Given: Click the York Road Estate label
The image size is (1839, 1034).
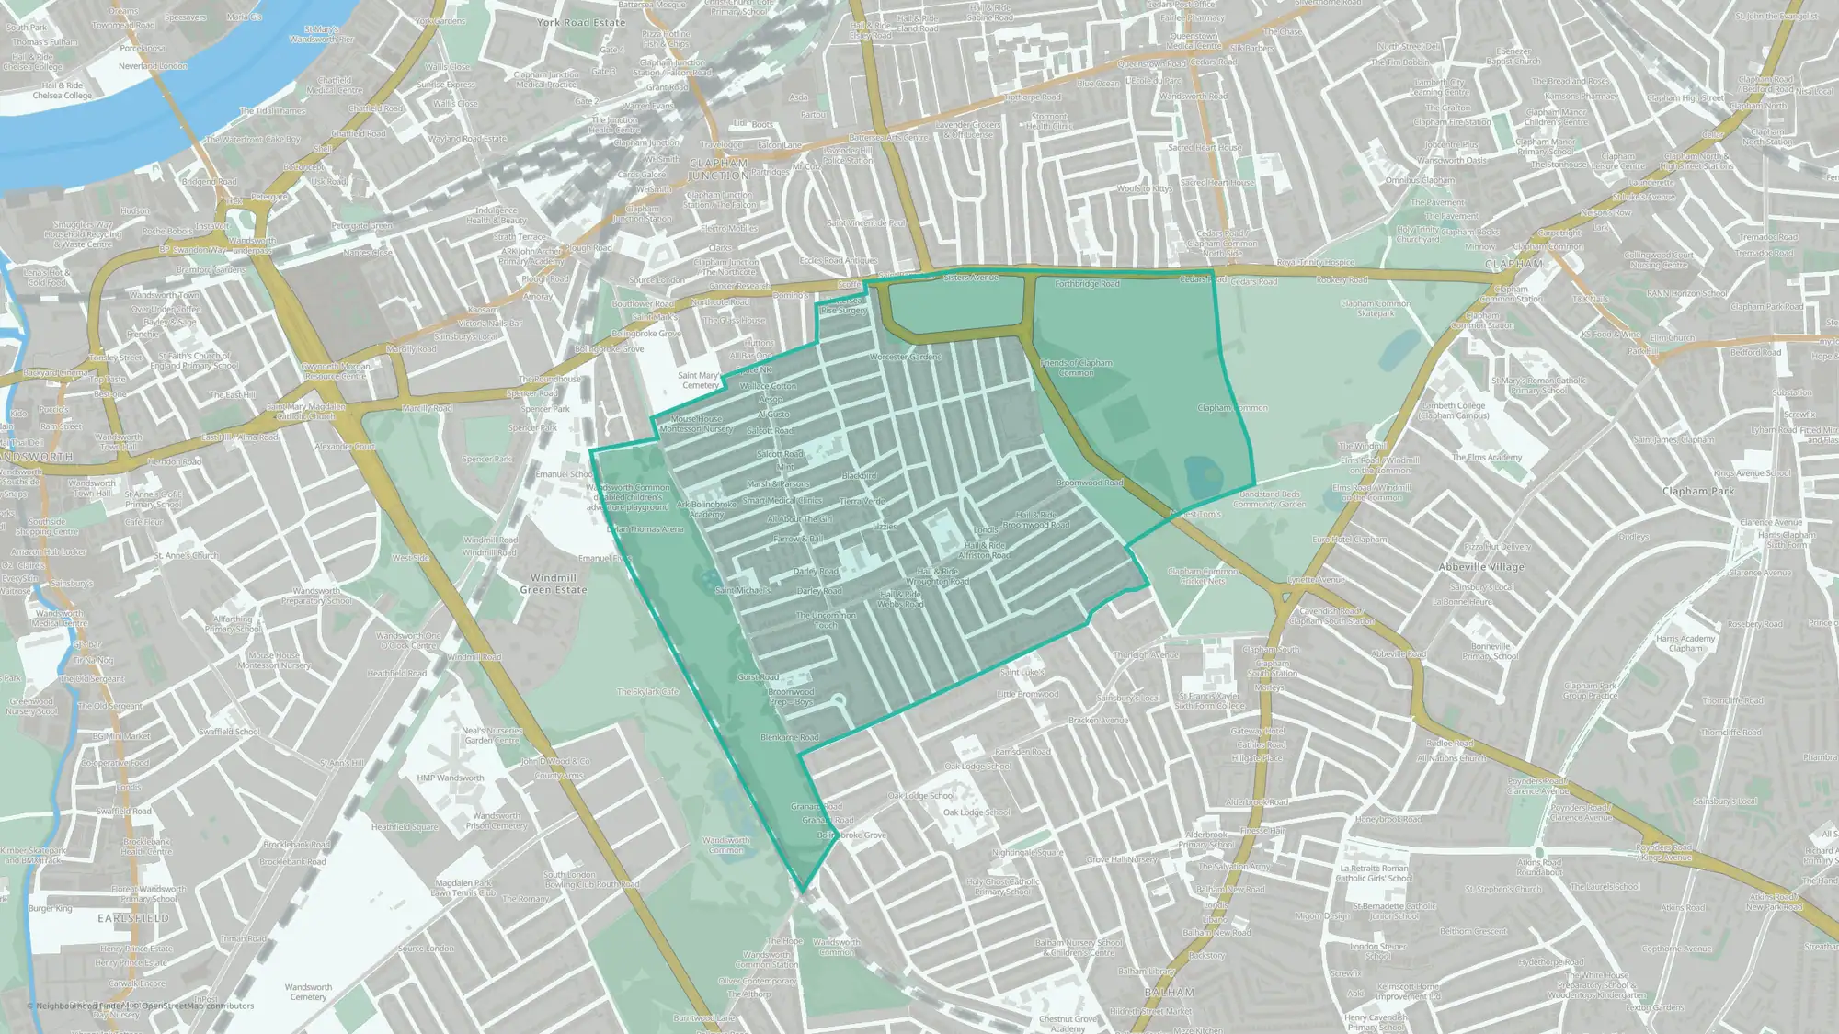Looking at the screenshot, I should (580, 22).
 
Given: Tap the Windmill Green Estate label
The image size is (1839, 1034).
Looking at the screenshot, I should (554, 584).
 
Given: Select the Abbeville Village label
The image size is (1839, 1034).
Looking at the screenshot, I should (1481, 567).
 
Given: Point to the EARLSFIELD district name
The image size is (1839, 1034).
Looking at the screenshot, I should (134, 918).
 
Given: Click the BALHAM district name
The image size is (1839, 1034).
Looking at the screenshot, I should (1170, 993).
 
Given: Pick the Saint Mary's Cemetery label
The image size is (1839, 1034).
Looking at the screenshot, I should (700, 381).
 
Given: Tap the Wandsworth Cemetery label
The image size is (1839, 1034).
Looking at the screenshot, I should (308, 992).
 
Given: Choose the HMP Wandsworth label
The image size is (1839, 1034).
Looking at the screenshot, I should (451, 778).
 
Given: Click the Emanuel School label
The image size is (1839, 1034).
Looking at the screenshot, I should (564, 474).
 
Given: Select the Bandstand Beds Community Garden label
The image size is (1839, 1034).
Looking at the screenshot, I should (1269, 499).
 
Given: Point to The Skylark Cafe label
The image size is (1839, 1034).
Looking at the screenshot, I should (647, 692).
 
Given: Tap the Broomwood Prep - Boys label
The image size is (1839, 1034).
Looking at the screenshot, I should (791, 697).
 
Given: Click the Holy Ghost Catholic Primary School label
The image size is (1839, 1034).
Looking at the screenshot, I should (1003, 886).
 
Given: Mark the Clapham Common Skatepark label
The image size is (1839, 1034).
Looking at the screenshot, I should (1376, 308).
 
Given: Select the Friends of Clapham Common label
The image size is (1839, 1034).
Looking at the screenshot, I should (1077, 368).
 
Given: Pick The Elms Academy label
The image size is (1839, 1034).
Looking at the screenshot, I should (1487, 457).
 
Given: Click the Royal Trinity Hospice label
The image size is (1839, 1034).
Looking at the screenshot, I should (1316, 263).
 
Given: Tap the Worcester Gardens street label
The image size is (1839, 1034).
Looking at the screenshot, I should (906, 357).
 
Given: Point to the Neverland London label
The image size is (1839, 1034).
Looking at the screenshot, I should (153, 66).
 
